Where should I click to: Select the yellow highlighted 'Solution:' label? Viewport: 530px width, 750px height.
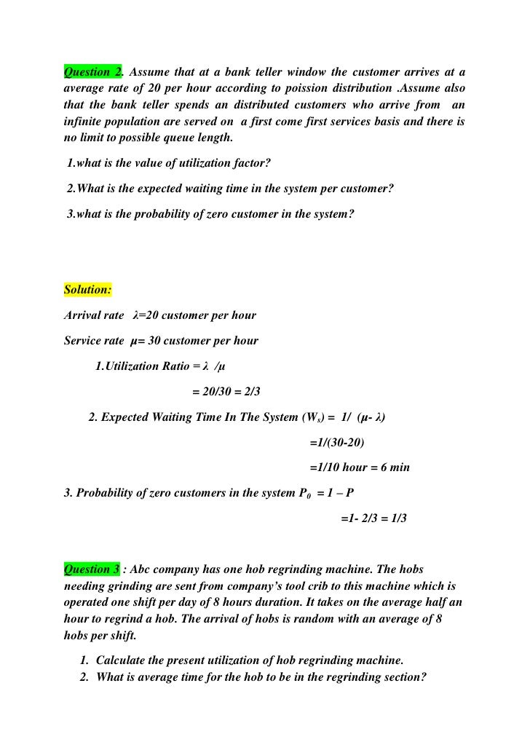tap(87, 290)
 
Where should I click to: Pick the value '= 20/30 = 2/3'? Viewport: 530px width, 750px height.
tap(226, 392)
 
